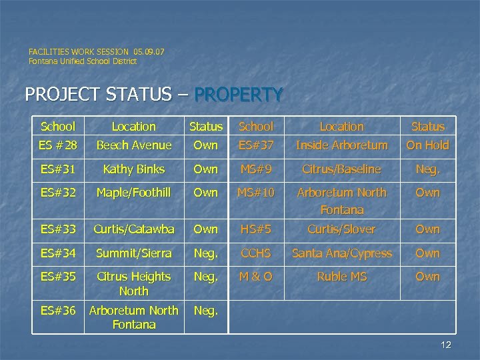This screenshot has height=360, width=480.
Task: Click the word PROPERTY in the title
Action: click(x=240, y=95)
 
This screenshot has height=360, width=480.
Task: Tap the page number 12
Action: click(x=446, y=344)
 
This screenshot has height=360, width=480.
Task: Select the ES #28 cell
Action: click(x=58, y=145)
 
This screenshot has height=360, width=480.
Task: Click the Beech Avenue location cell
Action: click(x=134, y=145)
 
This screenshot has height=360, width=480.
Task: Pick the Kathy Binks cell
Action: click(x=134, y=169)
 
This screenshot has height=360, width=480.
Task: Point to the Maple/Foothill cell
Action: click(x=134, y=193)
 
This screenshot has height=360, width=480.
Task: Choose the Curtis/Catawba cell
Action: click(x=134, y=229)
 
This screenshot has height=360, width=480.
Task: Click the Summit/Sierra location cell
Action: click(x=134, y=253)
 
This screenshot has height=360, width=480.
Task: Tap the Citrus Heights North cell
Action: click(x=134, y=283)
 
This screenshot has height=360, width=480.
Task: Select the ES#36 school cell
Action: click(x=58, y=311)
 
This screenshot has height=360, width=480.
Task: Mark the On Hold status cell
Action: click(x=427, y=145)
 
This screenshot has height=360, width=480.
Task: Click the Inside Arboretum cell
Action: click(x=341, y=145)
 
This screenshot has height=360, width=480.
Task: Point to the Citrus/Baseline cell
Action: click(x=341, y=169)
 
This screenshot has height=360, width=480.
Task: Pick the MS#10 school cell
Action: click(x=256, y=193)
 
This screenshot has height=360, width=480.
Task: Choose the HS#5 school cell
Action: click(x=256, y=229)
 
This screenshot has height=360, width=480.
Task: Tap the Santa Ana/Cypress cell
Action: click(x=341, y=253)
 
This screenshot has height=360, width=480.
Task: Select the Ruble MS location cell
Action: click(x=341, y=276)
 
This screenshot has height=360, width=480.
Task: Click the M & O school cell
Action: click(x=256, y=276)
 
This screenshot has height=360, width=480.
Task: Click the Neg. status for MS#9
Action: click(x=427, y=169)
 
